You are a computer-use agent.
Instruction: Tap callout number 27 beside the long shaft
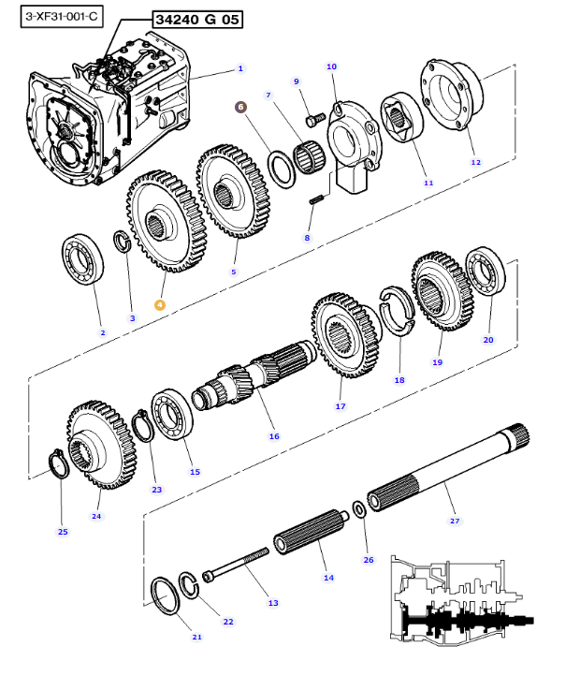(455, 521)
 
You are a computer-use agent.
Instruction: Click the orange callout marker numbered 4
(160, 304)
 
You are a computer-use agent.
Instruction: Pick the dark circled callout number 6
(240, 108)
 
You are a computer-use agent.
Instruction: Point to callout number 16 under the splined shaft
(274, 435)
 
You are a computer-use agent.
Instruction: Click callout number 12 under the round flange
(475, 162)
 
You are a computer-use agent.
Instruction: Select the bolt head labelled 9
(315, 119)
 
